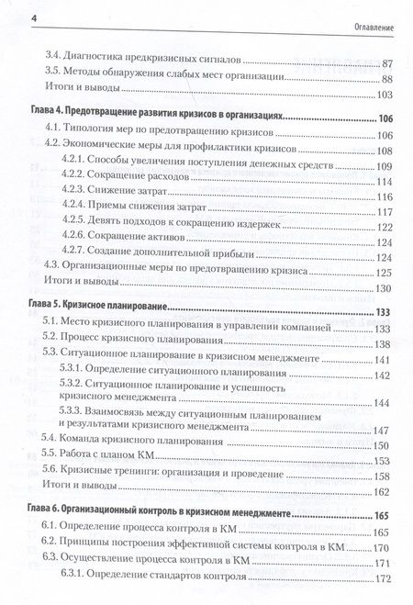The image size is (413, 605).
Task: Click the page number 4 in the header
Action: pos(7,19)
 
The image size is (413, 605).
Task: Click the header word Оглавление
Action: pos(371,20)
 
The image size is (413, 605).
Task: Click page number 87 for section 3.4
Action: pos(385,62)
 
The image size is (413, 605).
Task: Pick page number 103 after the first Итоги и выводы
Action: pos(383,95)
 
